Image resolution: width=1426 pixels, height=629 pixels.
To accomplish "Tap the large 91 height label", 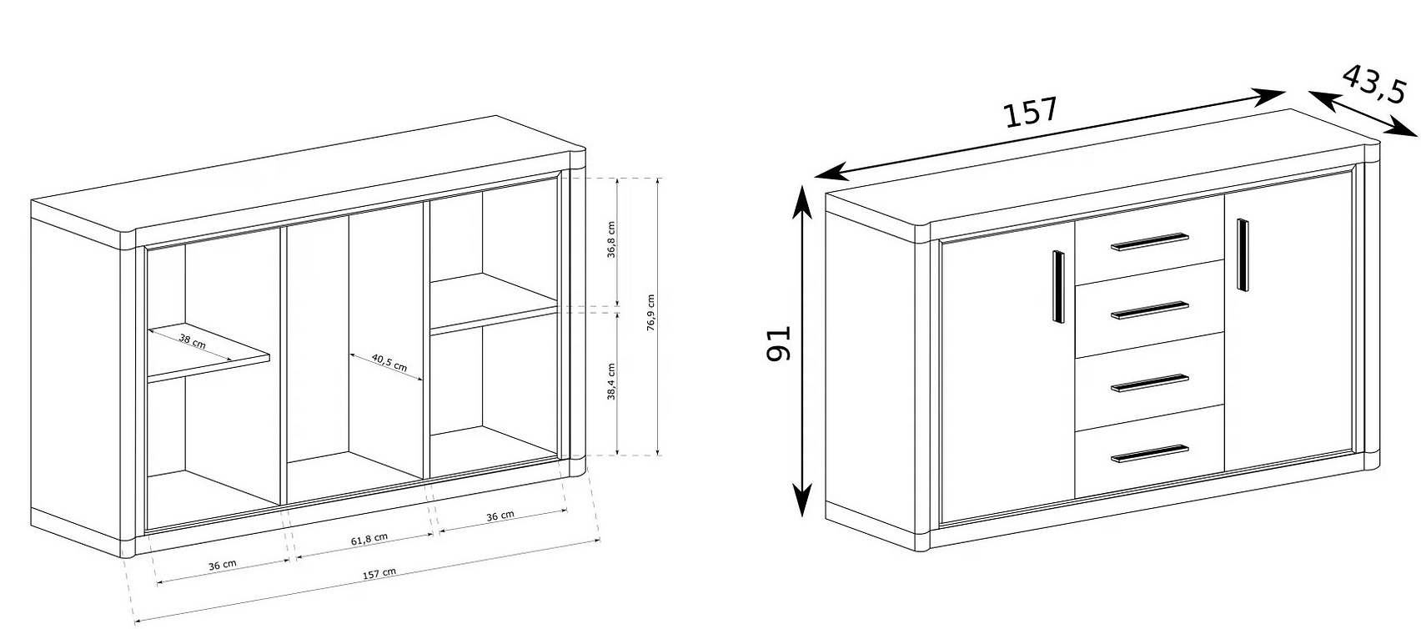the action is [778, 344].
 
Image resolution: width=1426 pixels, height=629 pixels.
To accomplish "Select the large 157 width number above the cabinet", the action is [1030, 113].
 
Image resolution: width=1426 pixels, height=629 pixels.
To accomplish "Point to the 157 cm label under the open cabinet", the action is [379, 574].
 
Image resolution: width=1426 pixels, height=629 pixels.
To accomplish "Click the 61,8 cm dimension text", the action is [369, 539].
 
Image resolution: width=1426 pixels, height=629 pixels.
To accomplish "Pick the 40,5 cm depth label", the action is [389, 362].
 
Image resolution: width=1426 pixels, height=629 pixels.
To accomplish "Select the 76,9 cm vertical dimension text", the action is [650, 313].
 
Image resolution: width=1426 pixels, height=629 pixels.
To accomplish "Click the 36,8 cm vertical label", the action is [611, 239].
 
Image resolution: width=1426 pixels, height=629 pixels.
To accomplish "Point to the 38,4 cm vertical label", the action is [611, 381].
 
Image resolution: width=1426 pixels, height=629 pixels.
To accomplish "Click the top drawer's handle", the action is [1150, 242].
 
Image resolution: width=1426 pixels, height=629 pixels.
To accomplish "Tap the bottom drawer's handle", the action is [1150, 453].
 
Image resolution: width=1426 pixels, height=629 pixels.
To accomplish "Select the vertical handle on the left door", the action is [1058, 287].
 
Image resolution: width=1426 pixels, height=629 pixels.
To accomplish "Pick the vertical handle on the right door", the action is [1242, 255].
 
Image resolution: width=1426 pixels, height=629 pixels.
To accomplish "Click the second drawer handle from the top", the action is [1150, 310].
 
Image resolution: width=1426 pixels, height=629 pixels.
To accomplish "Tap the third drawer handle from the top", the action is [1150, 383].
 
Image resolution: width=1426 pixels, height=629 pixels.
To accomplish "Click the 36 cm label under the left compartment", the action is [222, 565].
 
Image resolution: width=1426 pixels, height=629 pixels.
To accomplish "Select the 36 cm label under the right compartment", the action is [500, 516].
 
